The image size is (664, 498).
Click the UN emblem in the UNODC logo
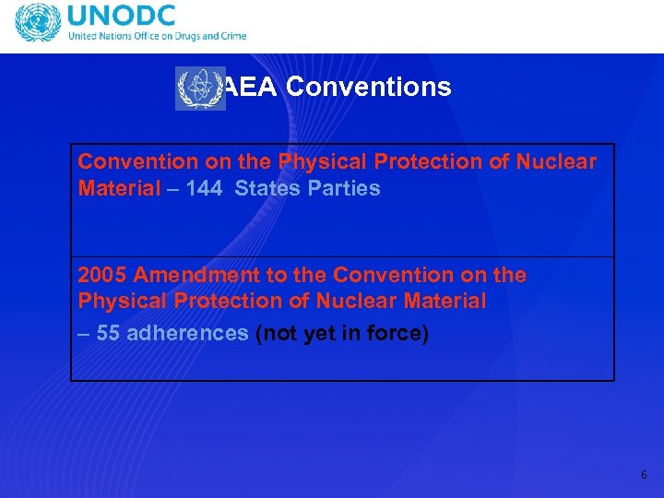click(x=36, y=25)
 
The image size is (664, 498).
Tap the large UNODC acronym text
click(x=123, y=18)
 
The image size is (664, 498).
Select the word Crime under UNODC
click(x=232, y=37)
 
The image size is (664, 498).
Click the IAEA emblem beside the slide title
click(x=200, y=89)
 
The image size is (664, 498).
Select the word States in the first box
click(x=265, y=188)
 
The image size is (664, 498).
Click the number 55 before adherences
click(x=108, y=333)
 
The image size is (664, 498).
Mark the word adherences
click(x=187, y=333)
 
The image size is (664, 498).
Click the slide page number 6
click(x=644, y=475)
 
